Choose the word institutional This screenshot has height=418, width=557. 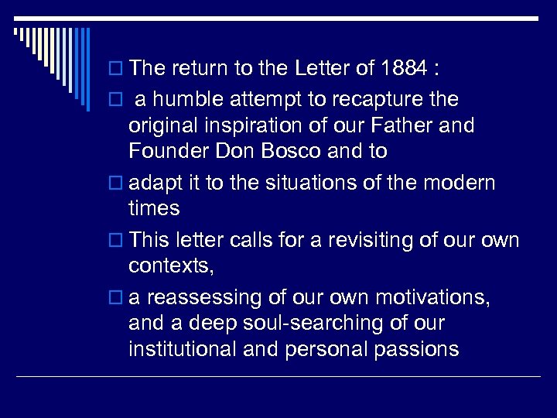click(183, 349)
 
